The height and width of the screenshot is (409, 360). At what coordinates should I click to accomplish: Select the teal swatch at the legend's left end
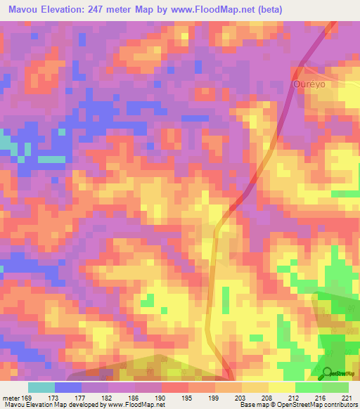pyautogui.click(x=41, y=387)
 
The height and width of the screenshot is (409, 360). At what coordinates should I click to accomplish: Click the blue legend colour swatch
pyautogui.click(x=68, y=387)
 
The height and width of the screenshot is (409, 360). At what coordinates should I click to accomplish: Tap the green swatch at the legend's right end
pyautogui.click(x=335, y=387)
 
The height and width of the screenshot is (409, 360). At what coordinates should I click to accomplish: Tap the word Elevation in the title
pyautogui.click(x=65, y=10)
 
